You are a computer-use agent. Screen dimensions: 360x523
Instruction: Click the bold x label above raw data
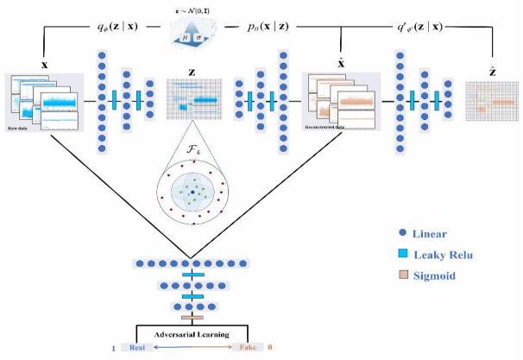[45, 65]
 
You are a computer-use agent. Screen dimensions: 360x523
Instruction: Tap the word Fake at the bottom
[244, 348]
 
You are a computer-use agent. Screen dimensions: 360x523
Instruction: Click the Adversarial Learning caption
[192, 332]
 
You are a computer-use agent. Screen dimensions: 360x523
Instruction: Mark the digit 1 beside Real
[112, 348]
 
